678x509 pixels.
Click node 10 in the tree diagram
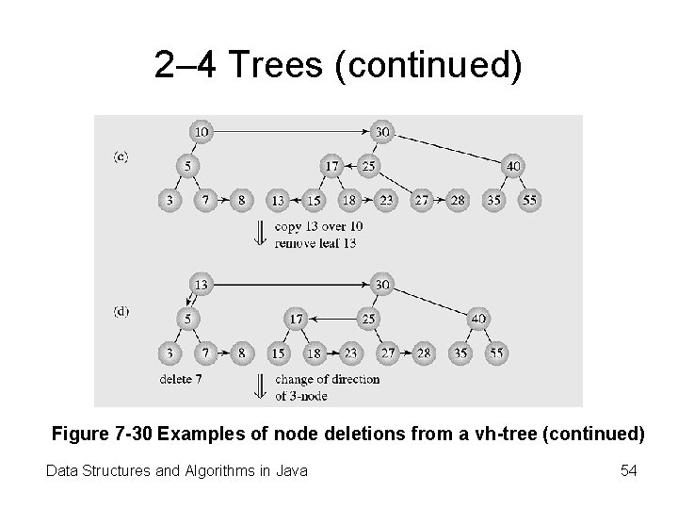(200, 132)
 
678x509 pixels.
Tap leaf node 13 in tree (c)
(277, 200)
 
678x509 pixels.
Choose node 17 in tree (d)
(297, 320)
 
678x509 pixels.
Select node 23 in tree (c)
(385, 200)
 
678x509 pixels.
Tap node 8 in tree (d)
(242, 353)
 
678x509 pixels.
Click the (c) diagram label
(121, 156)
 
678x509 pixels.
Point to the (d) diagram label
(121, 311)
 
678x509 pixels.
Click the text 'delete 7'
(180, 379)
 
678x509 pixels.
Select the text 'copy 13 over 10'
(318, 226)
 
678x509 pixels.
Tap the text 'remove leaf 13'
(316, 242)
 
